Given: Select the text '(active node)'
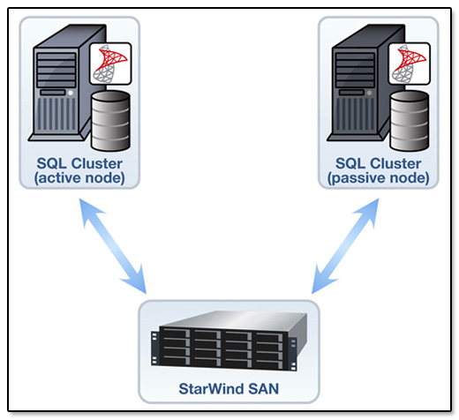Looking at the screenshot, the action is (x=79, y=178).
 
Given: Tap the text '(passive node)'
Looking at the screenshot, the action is (x=379, y=178).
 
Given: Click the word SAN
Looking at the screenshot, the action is (x=264, y=388).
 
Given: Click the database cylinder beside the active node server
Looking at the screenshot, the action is (x=110, y=121).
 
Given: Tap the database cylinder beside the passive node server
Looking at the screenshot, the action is (x=410, y=121).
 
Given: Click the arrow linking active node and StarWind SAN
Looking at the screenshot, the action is (x=113, y=246).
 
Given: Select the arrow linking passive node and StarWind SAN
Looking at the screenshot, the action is (x=345, y=246).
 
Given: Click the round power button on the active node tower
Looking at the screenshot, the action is (x=71, y=93).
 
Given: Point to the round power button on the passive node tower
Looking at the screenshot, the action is (x=370, y=93).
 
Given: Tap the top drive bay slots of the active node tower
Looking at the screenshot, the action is (x=56, y=70).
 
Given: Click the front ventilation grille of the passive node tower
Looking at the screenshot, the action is (x=356, y=114).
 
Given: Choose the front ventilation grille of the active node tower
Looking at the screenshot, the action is (x=56, y=114).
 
